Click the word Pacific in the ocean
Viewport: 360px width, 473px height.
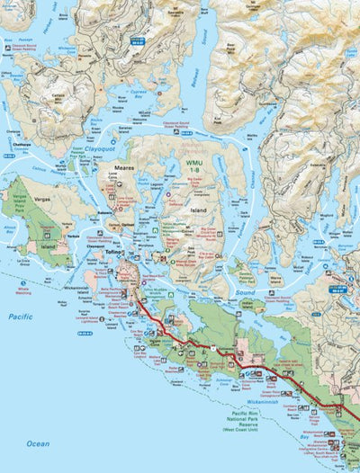tap(20, 317)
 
